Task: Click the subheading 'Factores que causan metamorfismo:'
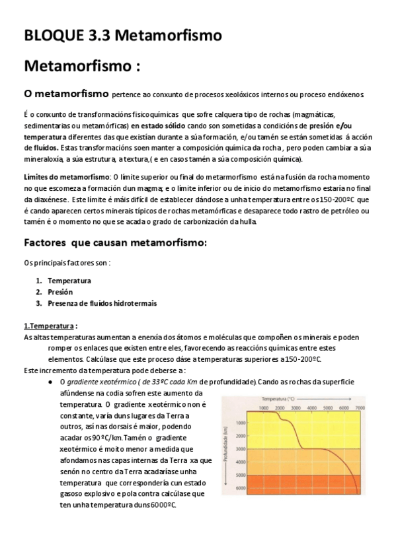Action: click(x=115, y=242)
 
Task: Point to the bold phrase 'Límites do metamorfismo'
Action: click(x=66, y=178)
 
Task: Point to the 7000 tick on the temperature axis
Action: click(x=360, y=409)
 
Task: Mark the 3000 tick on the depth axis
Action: click(x=241, y=448)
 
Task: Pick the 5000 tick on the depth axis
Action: click(x=241, y=475)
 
